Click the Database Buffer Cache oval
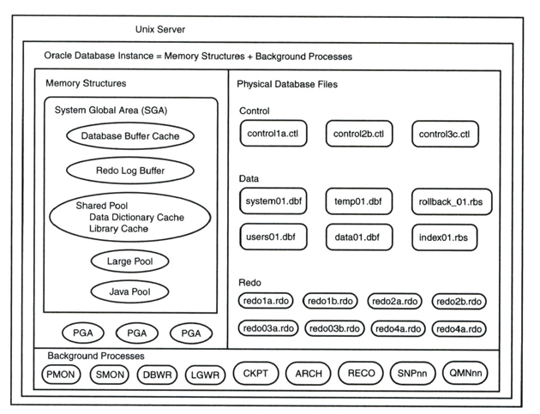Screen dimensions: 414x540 coord(129,135)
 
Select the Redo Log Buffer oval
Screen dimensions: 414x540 coord(129,171)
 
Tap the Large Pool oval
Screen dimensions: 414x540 coord(129,261)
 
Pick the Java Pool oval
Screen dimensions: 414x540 coord(129,292)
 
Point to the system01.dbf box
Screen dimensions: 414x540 coord(273,201)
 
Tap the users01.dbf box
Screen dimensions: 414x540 coord(273,236)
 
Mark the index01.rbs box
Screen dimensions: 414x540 coord(444,236)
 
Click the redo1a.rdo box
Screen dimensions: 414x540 coord(267,301)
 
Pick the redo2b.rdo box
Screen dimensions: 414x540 coord(459,301)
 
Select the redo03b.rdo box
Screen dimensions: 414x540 coord(333,328)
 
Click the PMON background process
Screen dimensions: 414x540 coord(65,374)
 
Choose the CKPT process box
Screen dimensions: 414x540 coord(256,373)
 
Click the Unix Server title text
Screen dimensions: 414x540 coord(160,30)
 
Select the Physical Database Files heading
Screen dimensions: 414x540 coord(287,84)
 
